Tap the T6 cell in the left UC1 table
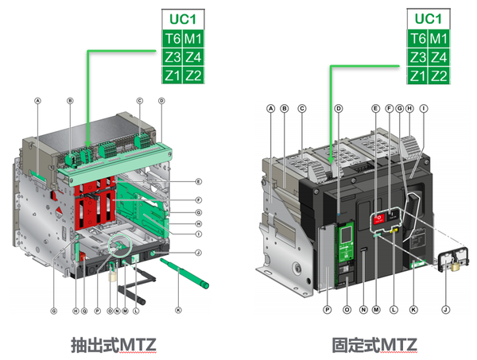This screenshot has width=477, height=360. (x=173, y=38)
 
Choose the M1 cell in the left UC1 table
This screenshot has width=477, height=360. (x=193, y=38)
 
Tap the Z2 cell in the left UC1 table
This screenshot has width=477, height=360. (x=193, y=75)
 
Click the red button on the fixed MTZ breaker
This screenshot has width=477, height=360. (x=379, y=217)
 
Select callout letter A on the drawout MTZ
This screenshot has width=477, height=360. (x=37, y=100)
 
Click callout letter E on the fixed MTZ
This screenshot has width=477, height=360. (x=375, y=107)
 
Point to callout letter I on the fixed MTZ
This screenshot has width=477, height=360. (x=425, y=107)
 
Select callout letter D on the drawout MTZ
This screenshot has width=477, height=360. (x=161, y=101)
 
